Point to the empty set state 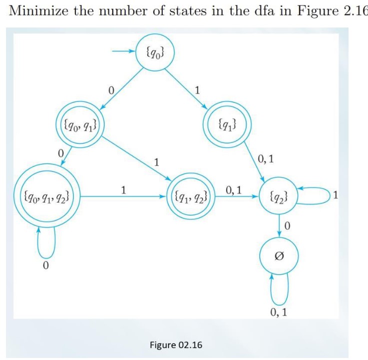coord(280,256)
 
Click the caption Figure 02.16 coord(176,345)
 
